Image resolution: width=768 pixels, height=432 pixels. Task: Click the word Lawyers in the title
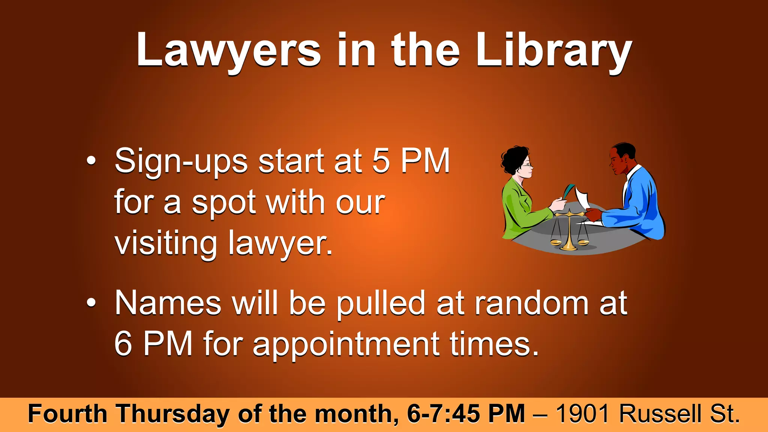click(x=228, y=51)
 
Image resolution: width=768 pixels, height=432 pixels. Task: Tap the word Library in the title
click(x=554, y=51)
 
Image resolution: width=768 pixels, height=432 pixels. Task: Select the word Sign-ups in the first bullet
click(x=181, y=161)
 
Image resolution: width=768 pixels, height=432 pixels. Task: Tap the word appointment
click(x=346, y=344)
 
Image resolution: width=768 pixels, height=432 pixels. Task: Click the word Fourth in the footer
click(x=67, y=414)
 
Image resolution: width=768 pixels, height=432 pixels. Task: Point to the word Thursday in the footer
click(x=173, y=414)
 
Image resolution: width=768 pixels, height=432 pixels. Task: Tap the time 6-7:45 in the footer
click(x=443, y=414)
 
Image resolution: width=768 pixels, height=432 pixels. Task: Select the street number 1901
click(x=585, y=414)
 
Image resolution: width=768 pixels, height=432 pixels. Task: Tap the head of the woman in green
click(x=518, y=161)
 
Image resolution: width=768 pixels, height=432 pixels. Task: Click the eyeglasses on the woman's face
click(x=527, y=165)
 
